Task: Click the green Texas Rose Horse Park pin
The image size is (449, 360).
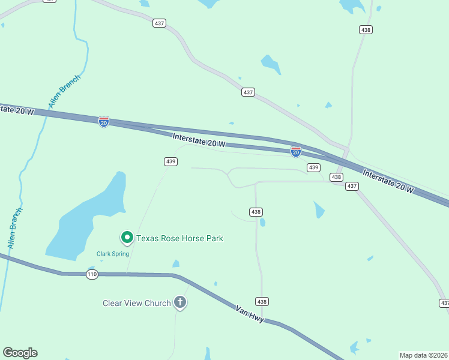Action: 127,238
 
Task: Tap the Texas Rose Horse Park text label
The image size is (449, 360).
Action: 179,238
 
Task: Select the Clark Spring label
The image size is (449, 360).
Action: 112,253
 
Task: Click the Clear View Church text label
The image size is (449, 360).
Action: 137,303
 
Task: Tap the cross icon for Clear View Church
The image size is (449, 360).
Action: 180,302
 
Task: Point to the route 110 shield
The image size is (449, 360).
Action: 92,274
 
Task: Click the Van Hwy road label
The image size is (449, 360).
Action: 250,312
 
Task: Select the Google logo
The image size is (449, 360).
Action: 20,352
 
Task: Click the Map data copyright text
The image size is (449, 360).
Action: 424,355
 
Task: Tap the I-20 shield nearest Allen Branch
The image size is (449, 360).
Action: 104,122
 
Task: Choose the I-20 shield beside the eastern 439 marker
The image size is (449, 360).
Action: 295,152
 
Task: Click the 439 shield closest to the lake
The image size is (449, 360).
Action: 170,161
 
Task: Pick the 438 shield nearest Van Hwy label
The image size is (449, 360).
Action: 261,301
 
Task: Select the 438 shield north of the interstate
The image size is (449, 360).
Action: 366,29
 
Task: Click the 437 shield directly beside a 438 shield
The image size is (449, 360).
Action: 352,186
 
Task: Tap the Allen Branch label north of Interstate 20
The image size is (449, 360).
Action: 64,91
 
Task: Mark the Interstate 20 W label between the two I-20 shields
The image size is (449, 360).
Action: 199,140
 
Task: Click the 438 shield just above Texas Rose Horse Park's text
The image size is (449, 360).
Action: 256,212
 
